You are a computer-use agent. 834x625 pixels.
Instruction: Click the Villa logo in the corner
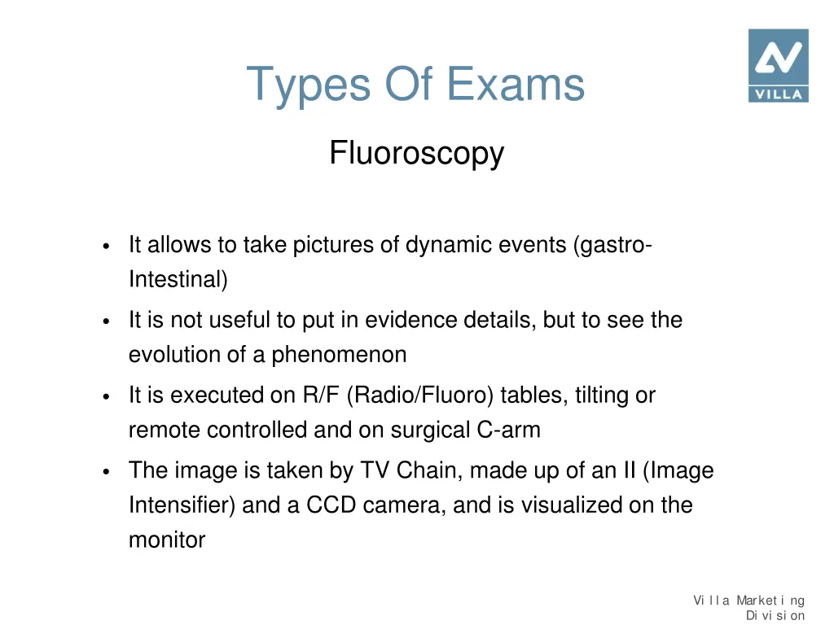pyautogui.click(x=778, y=65)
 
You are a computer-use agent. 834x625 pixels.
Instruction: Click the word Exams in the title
pyautogui.click(x=516, y=84)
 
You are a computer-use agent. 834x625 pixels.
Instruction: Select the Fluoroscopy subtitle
pyautogui.click(x=416, y=153)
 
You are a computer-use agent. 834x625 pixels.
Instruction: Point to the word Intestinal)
pyautogui.click(x=178, y=280)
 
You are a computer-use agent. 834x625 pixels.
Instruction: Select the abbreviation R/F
pyautogui.click(x=321, y=396)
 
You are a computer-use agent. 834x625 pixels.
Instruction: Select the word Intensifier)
pyautogui.click(x=182, y=505)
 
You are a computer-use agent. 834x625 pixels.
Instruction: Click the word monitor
pyautogui.click(x=167, y=540)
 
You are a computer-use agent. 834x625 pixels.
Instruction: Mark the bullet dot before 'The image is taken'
pyautogui.click(x=107, y=472)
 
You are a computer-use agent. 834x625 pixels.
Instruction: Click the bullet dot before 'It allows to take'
pyautogui.click(x=107, y=247)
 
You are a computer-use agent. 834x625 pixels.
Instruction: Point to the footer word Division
pyautogui.click(x=775, y=615)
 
